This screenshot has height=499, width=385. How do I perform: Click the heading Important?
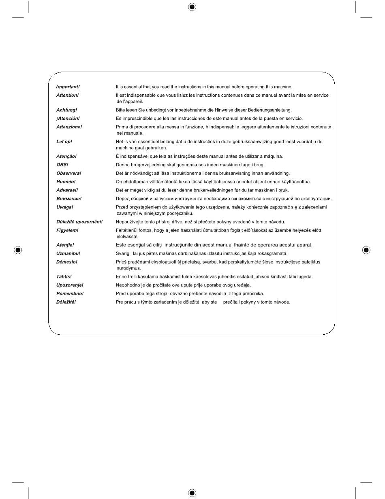coord(68,87)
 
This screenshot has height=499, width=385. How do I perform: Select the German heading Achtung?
coord(66,110)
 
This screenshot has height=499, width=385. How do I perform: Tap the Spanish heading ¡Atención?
coord(68,118)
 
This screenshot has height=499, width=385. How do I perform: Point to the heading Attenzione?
coord(69,127)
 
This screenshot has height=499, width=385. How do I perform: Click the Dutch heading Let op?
coord(64,142)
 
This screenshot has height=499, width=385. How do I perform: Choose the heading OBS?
coord(62,165)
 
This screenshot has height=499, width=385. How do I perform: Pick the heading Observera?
coord(68,173)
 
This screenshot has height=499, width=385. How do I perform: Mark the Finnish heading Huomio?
coord(66,182)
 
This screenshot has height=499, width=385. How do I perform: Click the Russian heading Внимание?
coord(68,199)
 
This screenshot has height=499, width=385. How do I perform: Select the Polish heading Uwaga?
coord(64,207)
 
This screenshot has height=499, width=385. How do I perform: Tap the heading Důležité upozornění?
coord(79,222)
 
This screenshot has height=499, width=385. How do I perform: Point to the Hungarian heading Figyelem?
coord(67,230)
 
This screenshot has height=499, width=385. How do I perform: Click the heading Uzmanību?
coord(68,253)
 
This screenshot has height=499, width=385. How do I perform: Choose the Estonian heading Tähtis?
coord(64,276)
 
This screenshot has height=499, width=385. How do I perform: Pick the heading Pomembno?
coord(70,293)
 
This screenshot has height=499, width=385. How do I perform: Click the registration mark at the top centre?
coord(192,7)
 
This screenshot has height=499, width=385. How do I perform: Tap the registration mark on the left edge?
coord(18,250)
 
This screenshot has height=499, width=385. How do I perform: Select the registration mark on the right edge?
coord(366,250)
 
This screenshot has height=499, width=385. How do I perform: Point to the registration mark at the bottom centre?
coord(192,492)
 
